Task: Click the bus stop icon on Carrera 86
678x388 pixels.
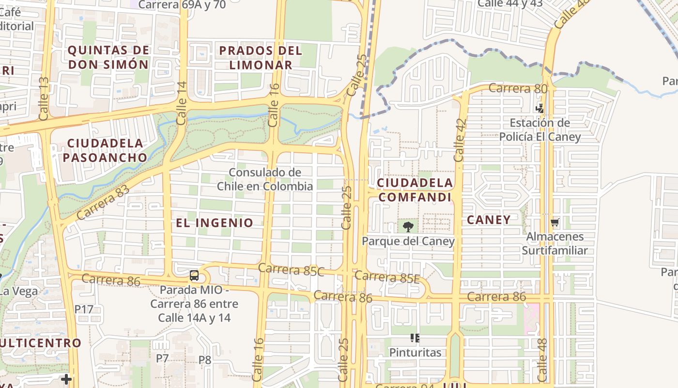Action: (194, 276)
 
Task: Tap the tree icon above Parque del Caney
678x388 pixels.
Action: (408, 226)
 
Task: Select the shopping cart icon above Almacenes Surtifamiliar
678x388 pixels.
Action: (555, 223)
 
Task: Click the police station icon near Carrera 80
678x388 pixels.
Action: (539, 108)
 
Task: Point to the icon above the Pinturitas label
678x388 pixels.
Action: (415, 338)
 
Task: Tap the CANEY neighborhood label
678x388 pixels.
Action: (489, 220)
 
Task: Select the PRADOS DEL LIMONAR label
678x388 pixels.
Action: (261, 57)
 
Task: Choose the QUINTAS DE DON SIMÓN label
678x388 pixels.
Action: (108, 57)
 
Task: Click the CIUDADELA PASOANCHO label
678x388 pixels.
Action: (105, 150)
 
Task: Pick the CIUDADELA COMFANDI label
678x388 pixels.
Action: (415, 190)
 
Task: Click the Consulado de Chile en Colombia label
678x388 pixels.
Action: (265, 179)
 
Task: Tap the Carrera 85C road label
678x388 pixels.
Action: (291, 270)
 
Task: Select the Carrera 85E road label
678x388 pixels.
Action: (386, 277)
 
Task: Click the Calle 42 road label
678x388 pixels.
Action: (460, 140)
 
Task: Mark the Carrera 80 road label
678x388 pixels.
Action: (518, 89)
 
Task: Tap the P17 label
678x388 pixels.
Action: (84, 309)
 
